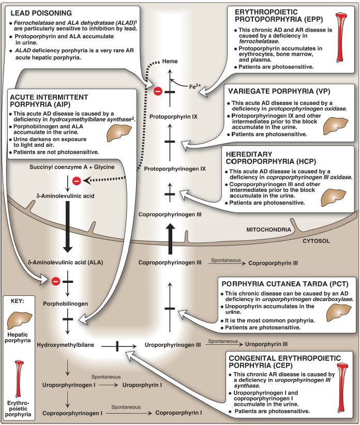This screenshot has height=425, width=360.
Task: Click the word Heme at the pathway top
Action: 170,61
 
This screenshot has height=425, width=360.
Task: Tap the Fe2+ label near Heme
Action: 195,86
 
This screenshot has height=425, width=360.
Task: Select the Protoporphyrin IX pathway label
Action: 173,117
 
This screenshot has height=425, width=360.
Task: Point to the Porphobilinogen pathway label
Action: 65,304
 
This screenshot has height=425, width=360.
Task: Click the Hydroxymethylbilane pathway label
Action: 65,345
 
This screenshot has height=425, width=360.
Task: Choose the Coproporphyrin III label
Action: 273,263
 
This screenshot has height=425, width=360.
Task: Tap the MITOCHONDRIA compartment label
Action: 268,230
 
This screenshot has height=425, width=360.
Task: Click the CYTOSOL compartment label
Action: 316,241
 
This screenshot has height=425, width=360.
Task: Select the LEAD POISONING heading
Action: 41,13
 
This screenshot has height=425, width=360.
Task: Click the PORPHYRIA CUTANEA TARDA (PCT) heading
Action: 285,284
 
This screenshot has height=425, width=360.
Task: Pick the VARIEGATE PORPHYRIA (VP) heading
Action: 279,91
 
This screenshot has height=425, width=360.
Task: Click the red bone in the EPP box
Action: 341,38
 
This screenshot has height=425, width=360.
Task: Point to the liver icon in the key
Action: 19,321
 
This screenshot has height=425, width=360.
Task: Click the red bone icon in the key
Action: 19,379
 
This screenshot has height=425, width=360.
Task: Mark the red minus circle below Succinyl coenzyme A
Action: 77,181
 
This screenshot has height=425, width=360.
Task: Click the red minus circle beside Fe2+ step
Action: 158,92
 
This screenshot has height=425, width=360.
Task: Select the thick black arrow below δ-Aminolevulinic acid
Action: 67,226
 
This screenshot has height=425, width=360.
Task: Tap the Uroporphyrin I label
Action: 142,385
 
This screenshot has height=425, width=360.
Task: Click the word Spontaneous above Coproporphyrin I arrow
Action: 126,407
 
